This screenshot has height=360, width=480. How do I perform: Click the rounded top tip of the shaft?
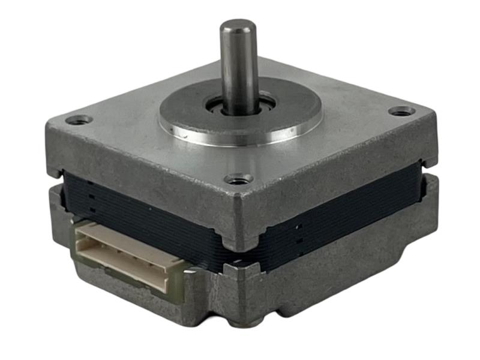point(238,26)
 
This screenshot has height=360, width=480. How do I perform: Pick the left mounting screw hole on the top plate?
point(79,119)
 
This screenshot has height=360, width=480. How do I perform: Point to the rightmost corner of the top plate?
point(433,117)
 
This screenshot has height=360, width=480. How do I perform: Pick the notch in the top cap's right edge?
point(425,163)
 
